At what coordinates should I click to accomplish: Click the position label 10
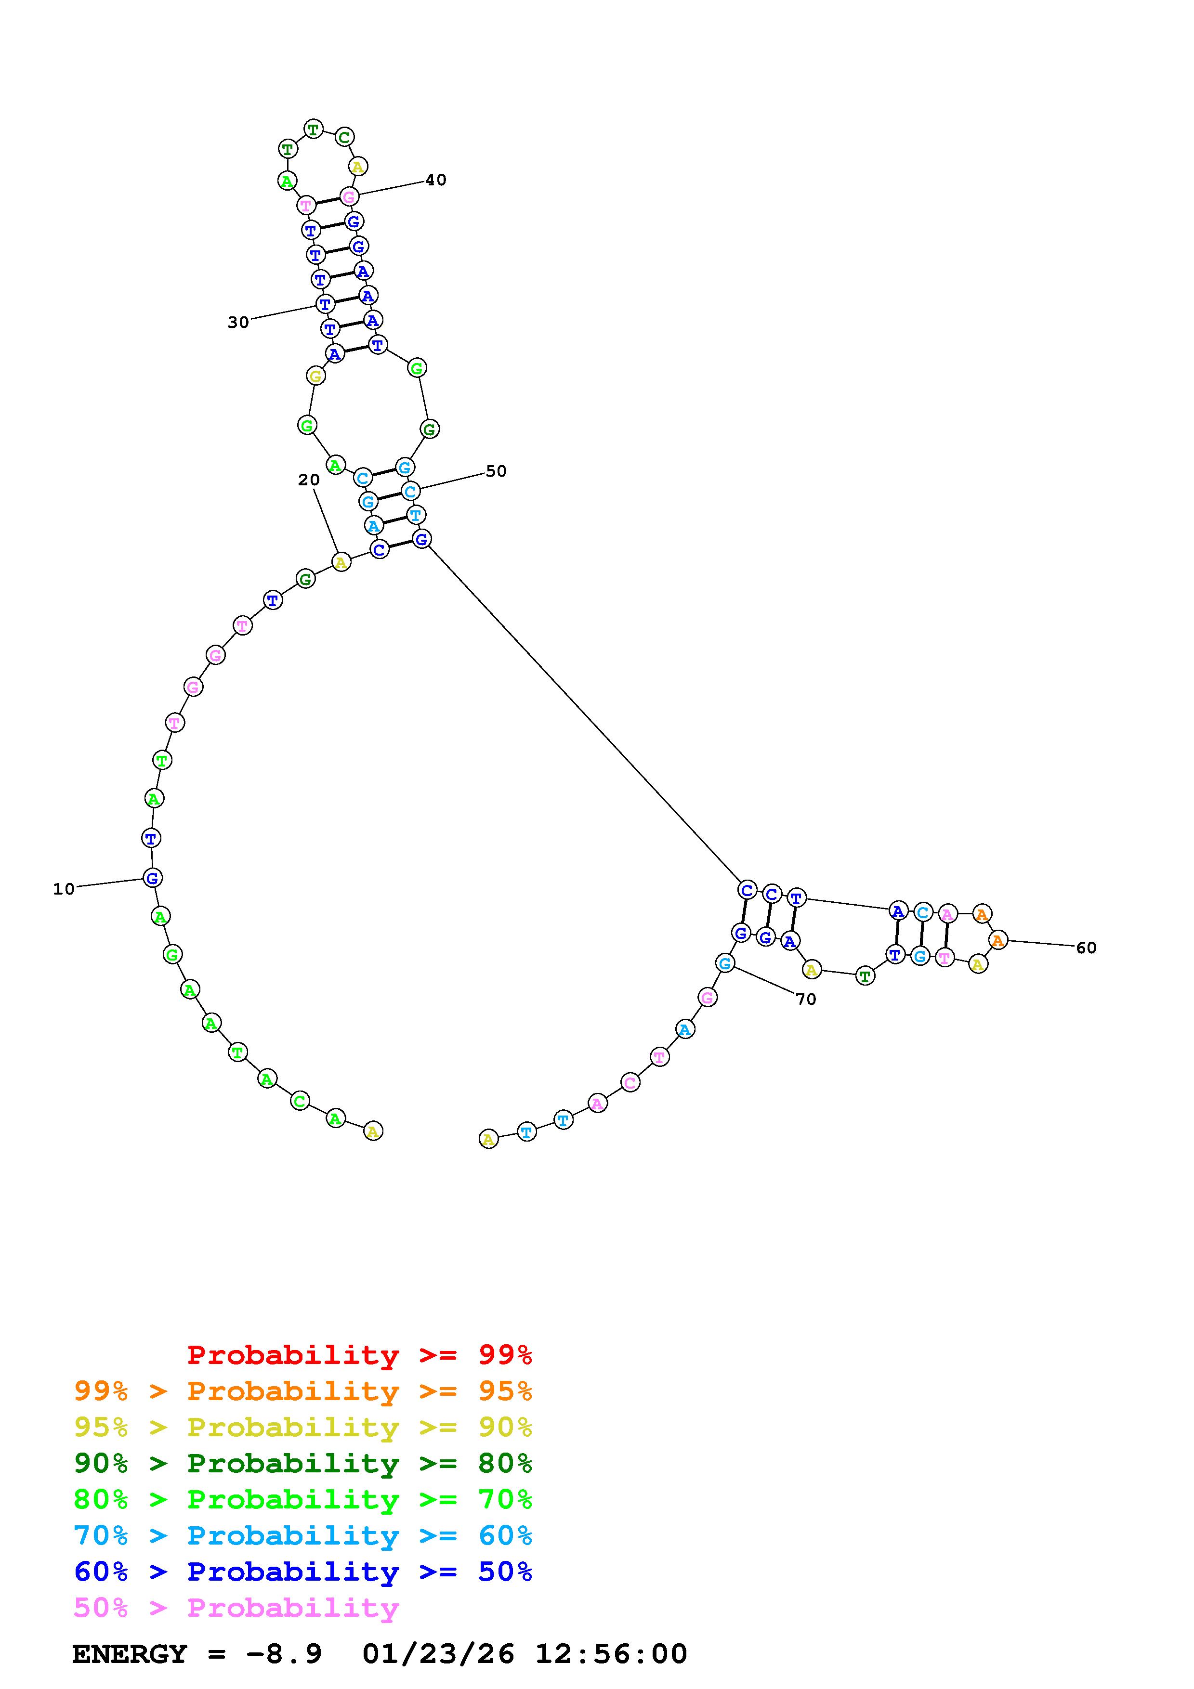64,889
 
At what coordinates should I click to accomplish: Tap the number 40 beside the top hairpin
435,180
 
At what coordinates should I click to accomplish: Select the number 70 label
806,999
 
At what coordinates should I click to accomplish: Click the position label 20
309,480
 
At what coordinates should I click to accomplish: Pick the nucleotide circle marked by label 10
152,878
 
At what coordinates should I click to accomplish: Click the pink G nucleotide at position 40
349,196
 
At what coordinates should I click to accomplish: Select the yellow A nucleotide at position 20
341,563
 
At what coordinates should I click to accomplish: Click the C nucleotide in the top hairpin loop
344,137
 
